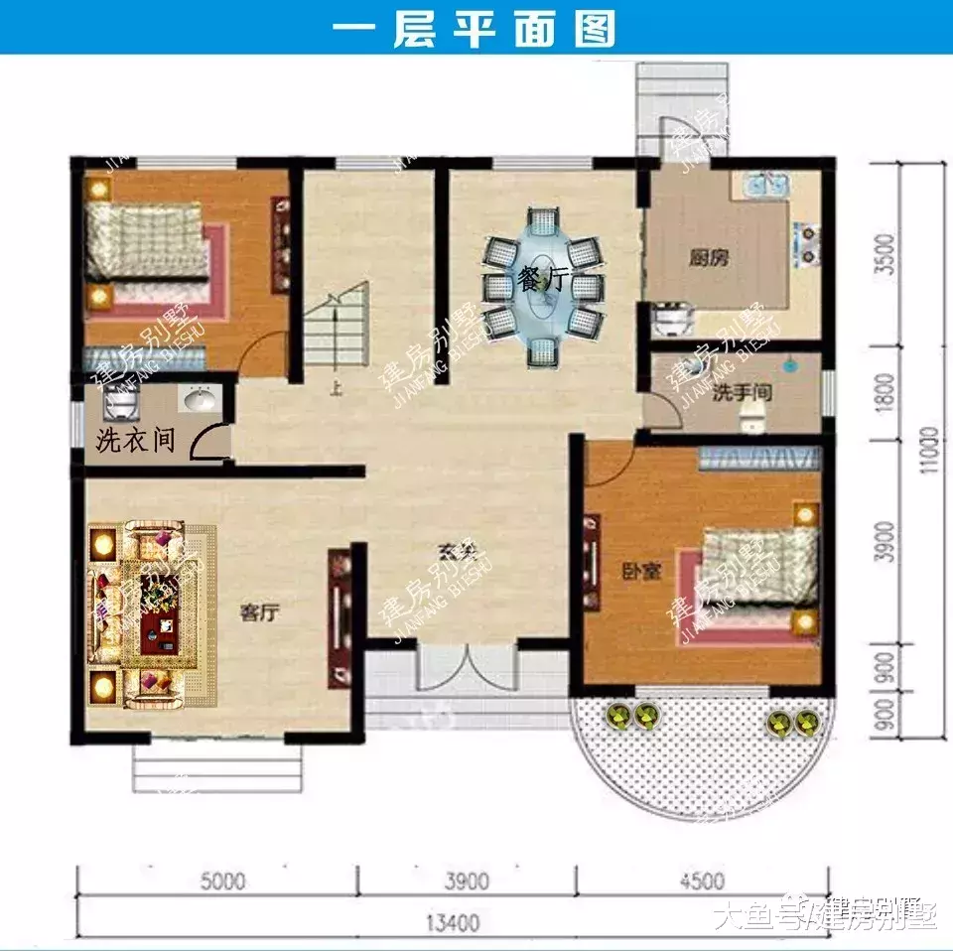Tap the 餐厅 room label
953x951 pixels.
coord(540,281)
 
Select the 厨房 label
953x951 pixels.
coord(709,258)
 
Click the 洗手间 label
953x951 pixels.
coord(742,393)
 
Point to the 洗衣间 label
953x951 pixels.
coord(135,440)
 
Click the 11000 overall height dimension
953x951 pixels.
coord(928,452)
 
